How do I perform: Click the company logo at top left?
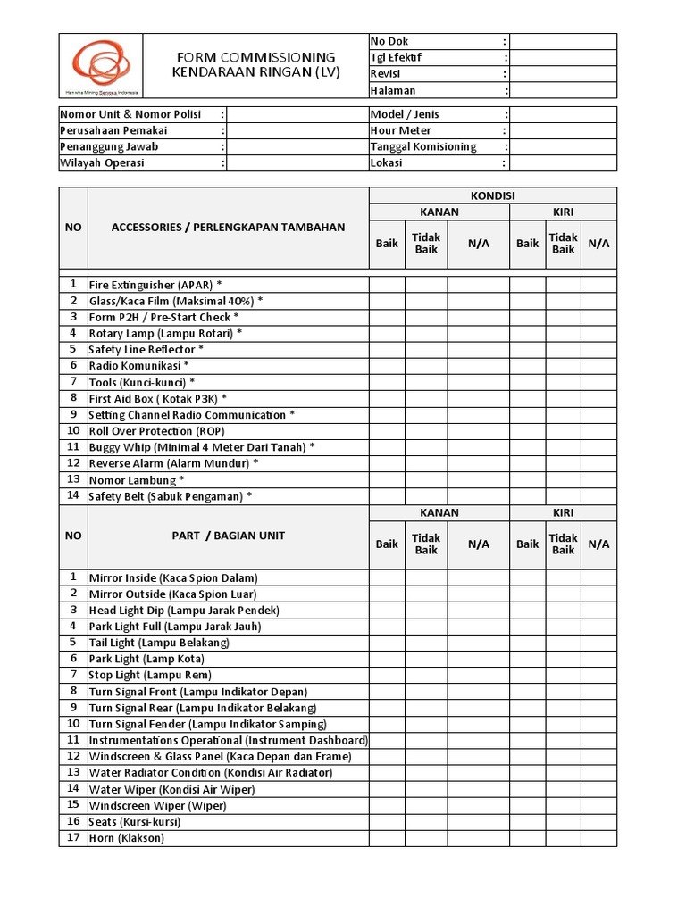click(100, 66)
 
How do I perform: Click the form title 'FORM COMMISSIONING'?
click(255, 57)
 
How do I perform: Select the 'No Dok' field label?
click(389, 42)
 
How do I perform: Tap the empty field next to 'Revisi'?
click(563, 74)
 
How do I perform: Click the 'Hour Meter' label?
click(400, 130)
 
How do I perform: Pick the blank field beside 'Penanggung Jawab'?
click(297, 146)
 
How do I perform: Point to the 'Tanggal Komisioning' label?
click(423, 146)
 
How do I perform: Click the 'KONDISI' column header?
click(493, 195)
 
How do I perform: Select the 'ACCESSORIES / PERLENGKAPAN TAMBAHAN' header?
click(228, 228)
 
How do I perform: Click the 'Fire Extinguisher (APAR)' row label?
click(155, 285)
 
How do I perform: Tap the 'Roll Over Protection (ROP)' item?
click(156, 431)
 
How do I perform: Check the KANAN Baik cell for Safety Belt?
click(387, 496)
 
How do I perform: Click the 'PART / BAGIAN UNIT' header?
click(229, 536)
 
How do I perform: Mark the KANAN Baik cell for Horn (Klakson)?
click(387, 838)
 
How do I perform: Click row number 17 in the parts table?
click(73, 838)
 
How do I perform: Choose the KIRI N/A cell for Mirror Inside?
click(598, 577)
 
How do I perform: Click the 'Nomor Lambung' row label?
click(137, 480)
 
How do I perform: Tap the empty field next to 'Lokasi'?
click(563, 163)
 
